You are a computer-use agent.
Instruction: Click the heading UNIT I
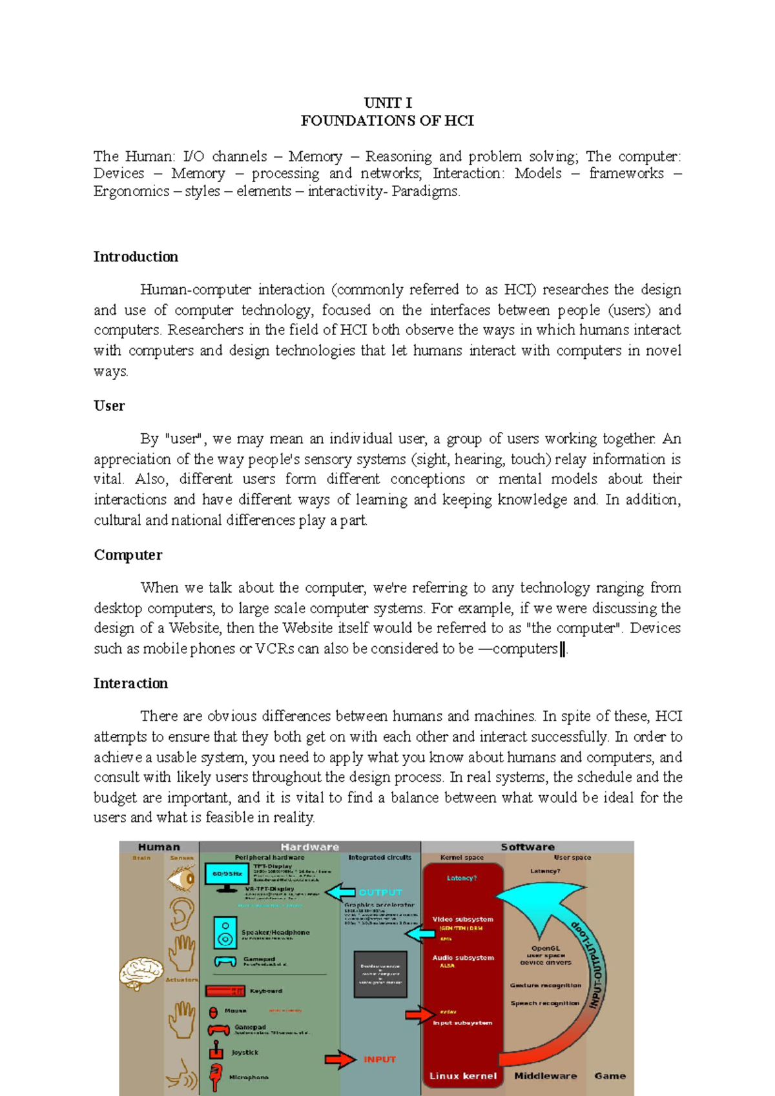click(387, 103)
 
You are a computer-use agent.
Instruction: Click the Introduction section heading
click(136, 257)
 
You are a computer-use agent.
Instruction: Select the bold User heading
click(109, 406)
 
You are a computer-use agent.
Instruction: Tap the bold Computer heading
click(128, 555)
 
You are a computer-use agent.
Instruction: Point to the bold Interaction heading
click(130, 684)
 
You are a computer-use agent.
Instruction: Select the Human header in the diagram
click(159, 847)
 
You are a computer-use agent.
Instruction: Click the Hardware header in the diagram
click(309, 847)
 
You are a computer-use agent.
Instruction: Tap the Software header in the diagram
click(527, 847)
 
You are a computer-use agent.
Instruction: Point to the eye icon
click(181, 878)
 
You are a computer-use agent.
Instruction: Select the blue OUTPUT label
click(380, 892)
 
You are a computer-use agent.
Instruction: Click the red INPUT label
click(379, 1059)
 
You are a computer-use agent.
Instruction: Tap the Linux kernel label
click(462, 1076)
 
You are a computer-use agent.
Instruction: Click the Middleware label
click(545, 1076)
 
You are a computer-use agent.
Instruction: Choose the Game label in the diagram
click(610, 1076)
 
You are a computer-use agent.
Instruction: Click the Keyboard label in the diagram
click(265, 991)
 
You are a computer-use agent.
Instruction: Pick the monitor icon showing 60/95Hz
click(226, 877)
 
